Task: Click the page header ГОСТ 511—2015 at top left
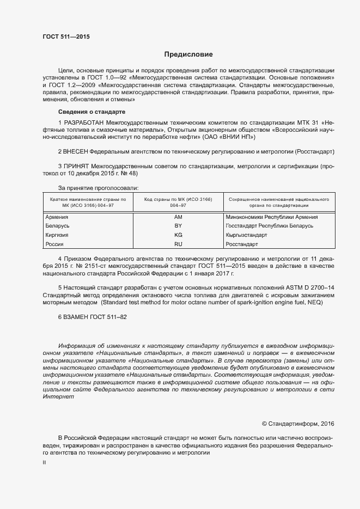tap(66, 37)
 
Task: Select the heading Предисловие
tap(188, 54)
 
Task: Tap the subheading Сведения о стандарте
tap(92, 112)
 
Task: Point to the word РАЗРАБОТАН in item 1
tap(84, 122)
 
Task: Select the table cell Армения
tap(57, 217)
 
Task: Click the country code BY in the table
tap(178, 226)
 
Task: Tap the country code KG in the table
tap(178, 235)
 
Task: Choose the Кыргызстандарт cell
tap(246, 235)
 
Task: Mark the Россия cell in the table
tap(54, 244)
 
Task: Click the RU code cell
tap(178, 244)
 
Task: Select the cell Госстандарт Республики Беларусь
tap(269, 226)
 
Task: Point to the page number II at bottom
tap(45, 462)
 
